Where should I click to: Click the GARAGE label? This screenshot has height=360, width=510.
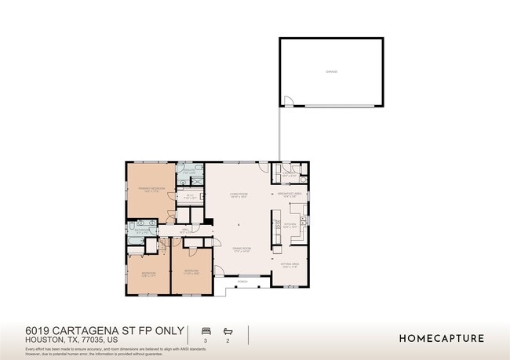coord(331,71)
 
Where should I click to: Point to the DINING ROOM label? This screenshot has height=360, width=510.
coord(241,249)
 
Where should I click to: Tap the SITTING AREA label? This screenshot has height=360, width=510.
coord(290,265)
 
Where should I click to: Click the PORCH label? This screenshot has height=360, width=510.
coord(242,281)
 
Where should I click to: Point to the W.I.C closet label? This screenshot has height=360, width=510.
coord(189,197)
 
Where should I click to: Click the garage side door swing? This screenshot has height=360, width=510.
coord(288,101)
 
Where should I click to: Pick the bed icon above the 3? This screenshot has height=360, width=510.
coord(207,330)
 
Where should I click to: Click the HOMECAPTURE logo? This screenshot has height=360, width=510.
coord(442,339)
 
